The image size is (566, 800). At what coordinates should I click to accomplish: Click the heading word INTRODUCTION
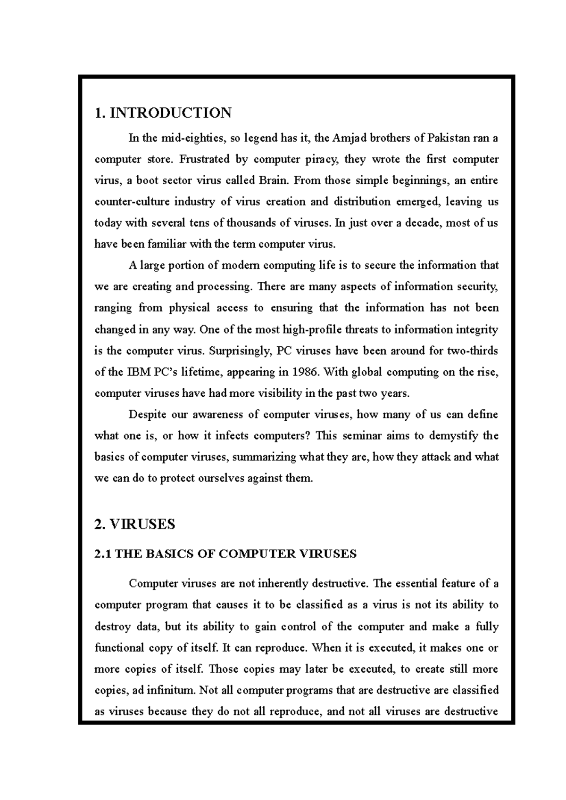171,113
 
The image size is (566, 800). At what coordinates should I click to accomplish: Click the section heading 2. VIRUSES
135,524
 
